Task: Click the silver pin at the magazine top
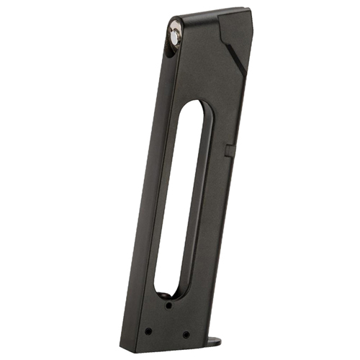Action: click(x=176, y=32)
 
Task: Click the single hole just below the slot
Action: click(x=168, y=306)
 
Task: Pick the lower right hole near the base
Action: click(x=186, y=334)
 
